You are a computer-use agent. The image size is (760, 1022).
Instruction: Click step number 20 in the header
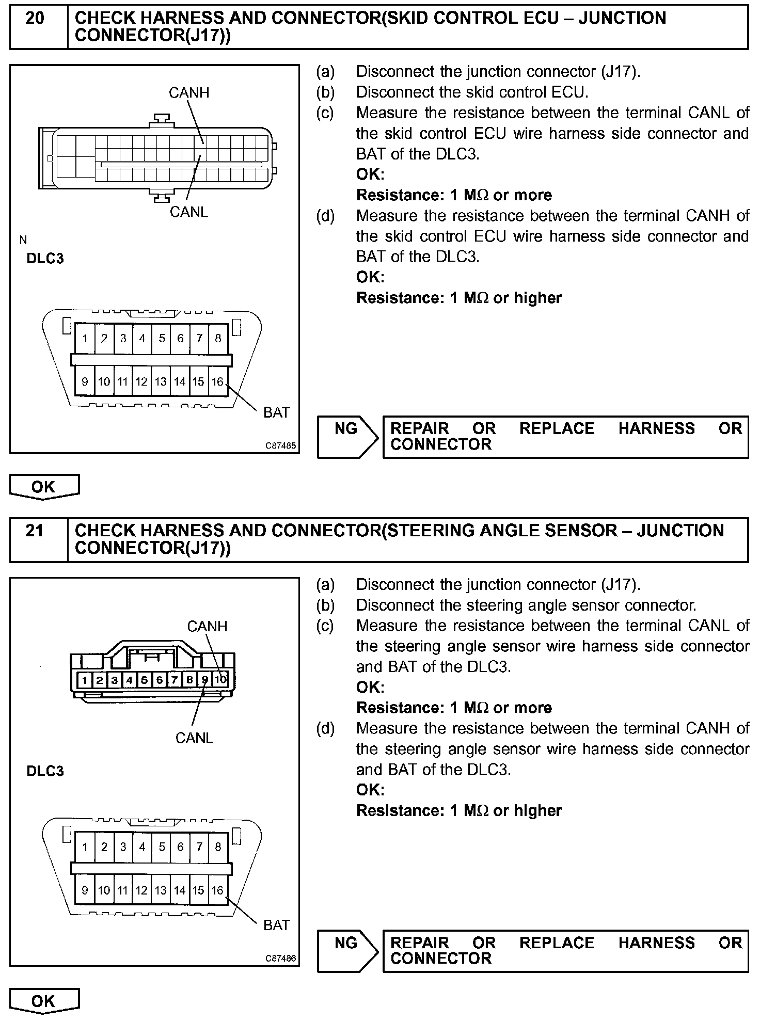[35, 19]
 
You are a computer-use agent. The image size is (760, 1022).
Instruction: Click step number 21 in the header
[35, 531]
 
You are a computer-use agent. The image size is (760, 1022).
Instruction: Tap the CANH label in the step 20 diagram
[189, 93]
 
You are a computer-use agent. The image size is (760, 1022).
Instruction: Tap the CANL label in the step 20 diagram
[189, 212]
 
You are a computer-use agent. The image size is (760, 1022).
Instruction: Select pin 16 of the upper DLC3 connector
[218, 381]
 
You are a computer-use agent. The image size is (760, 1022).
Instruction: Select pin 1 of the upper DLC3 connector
[85, 339]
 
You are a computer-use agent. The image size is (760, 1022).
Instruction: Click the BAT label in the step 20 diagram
[276, 412]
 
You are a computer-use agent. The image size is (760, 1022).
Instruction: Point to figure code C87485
[281, 445]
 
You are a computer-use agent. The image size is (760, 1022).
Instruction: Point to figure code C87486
[281, 959]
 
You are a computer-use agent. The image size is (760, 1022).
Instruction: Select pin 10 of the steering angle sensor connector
[220, 680]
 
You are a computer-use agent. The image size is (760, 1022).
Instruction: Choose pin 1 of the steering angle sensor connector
[84, 680]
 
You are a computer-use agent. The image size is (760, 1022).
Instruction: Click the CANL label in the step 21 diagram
[194, 738]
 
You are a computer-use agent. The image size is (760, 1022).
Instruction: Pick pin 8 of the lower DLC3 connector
[218, 847]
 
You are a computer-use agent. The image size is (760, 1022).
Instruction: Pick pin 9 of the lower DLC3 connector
[85, 890]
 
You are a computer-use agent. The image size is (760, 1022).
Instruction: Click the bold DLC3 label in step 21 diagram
[45, 771]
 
